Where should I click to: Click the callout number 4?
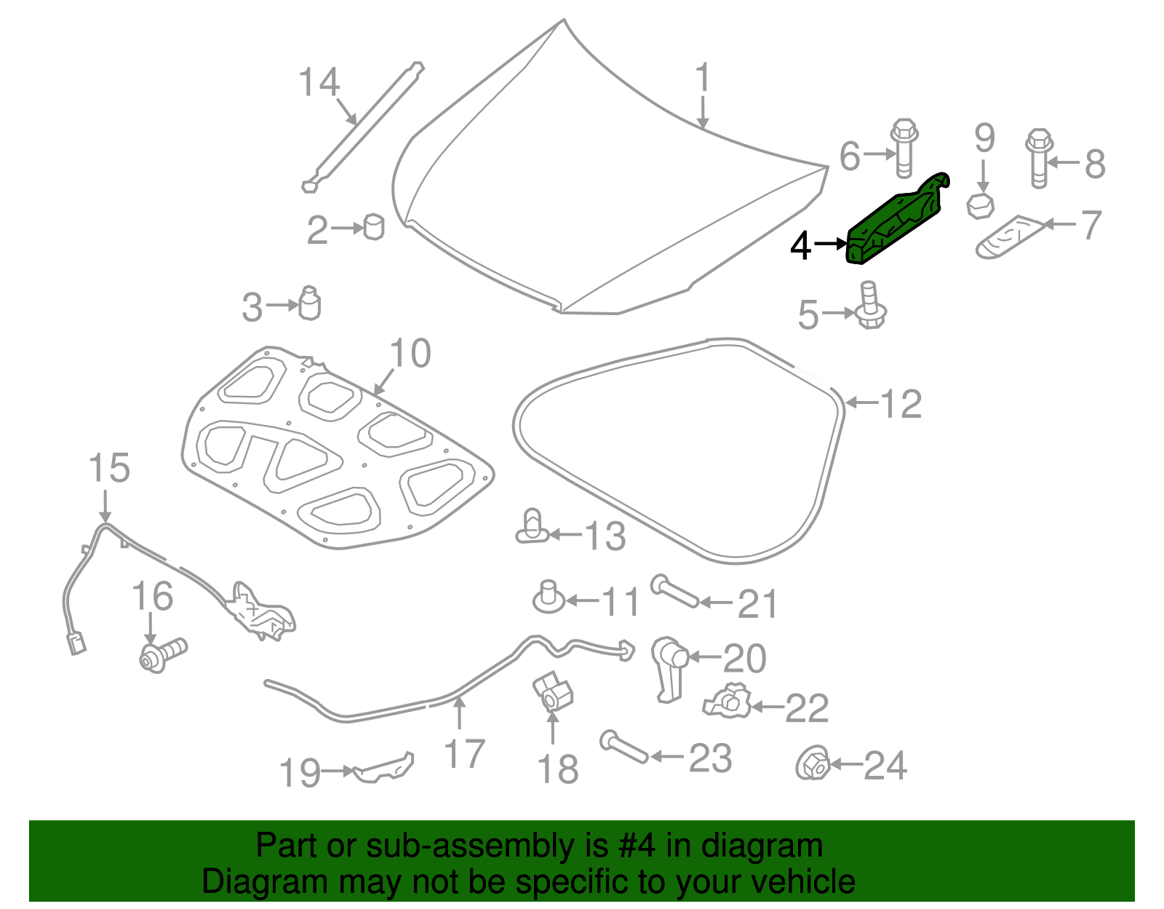[x=800, y=246]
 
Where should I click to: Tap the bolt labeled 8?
[x=1039, y=156]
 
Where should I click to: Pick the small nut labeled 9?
[x=980, y=205]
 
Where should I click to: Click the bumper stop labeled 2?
[x=373, y=226]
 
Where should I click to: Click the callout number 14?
[x=319, y=83]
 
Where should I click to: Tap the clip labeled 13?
[x=533, y=528]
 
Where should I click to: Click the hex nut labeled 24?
[x=813, y=763]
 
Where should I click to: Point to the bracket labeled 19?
[x=384, y=767]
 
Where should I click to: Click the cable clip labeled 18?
[x=553, y=691]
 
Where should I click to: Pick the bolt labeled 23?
[x=624, y=748]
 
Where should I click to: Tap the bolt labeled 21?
[x=674, y=590]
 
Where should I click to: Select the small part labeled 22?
[x=727, y=702]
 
